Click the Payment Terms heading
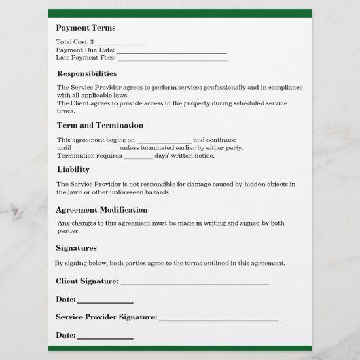click(x=86, y=28)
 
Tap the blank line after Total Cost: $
click(x=120, y=43)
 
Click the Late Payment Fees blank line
click(x=173, y=59)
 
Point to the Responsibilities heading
click(x=87, y=73)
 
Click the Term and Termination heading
click(x=100, y=126)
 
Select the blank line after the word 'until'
click(x=95, y=149)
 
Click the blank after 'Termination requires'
click(x=138, y=156)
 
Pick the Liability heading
click(x=73, y=170)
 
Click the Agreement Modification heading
click(x=102, y=210)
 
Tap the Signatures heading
click(x=76, y=248)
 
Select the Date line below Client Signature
click(x=105, y=301)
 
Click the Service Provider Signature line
click(x=219, y=319)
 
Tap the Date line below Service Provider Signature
click(x=105, y=337)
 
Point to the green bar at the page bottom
click(x=180, y=348)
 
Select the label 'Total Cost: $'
click(x=75, y=43)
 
